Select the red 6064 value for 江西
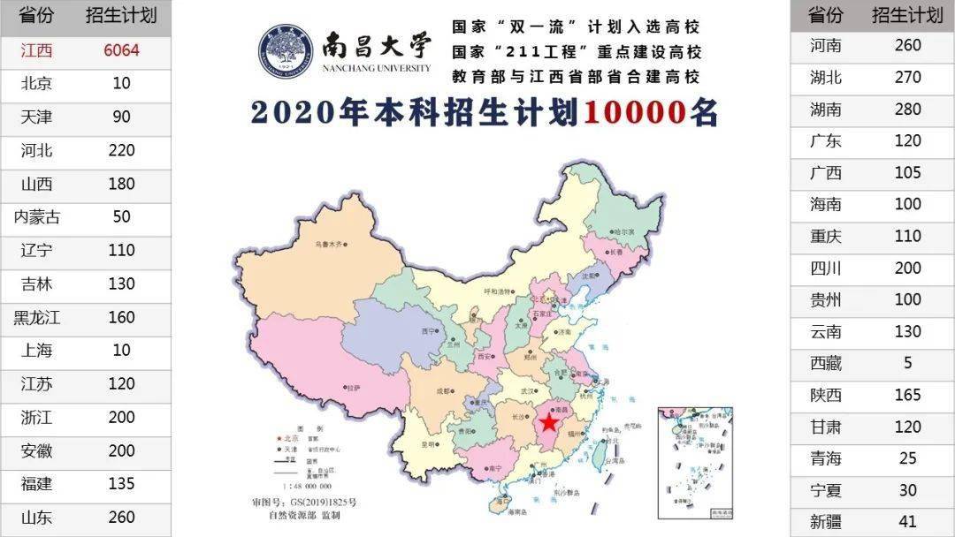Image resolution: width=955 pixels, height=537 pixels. (x=121, y=50)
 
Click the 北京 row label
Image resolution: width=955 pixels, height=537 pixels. (x=36, y=84)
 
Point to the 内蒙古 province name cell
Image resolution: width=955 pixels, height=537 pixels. (x=36, y=217)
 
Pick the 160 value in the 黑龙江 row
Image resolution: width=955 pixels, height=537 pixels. (x=121, y=317)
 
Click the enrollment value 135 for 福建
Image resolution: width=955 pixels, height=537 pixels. (x=121, y=484)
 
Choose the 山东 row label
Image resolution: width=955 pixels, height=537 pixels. (x=36, y=518)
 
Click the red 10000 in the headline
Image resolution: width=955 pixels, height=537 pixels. (x=634, y=113)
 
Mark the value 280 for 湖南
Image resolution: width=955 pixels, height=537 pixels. (x=907, y=110)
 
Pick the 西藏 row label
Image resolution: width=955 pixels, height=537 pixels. (x=825, y=363)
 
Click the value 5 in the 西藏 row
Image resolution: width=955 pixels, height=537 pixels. (x=907, y=363)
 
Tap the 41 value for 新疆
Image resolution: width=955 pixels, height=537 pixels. (x=907, y=522)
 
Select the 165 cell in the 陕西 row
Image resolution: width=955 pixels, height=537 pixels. (x=907, y=395)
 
